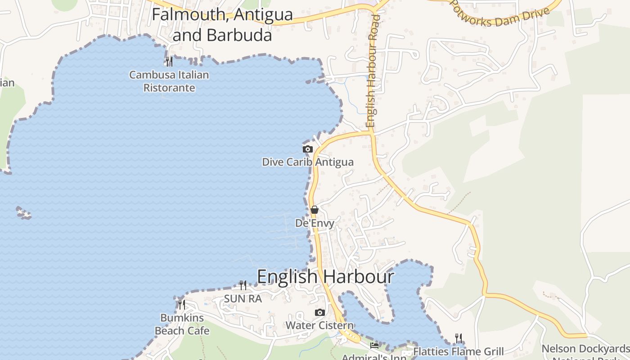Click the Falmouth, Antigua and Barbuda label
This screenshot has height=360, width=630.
tap(222, 24)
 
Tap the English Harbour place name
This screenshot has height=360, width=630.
tap(325, 276)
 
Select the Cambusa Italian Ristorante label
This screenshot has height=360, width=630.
tap(169, 81)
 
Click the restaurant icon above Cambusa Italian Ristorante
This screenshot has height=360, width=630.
tap(169, 61)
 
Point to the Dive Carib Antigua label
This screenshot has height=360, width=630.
tap(308, 162)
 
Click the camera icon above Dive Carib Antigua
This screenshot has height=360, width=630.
tap(308, 149)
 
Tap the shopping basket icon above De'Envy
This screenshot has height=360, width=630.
tap(315, 210)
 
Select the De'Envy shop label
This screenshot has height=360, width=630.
tap(315, 223)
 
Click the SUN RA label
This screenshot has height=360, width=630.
tap(243, 298)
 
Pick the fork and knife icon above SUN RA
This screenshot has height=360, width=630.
tap(243, 285)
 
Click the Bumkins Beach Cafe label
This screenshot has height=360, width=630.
tap(182, 324)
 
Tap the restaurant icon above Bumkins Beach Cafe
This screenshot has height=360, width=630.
tap(182, 305)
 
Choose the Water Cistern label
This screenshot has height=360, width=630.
tap(319, 325)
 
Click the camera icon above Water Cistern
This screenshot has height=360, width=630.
tap(319, 312)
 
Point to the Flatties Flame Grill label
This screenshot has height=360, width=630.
tap(459, 351)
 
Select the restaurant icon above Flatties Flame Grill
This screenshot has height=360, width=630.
tap(459, 338)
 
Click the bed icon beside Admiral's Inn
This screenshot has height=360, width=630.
tap(374, 345)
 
